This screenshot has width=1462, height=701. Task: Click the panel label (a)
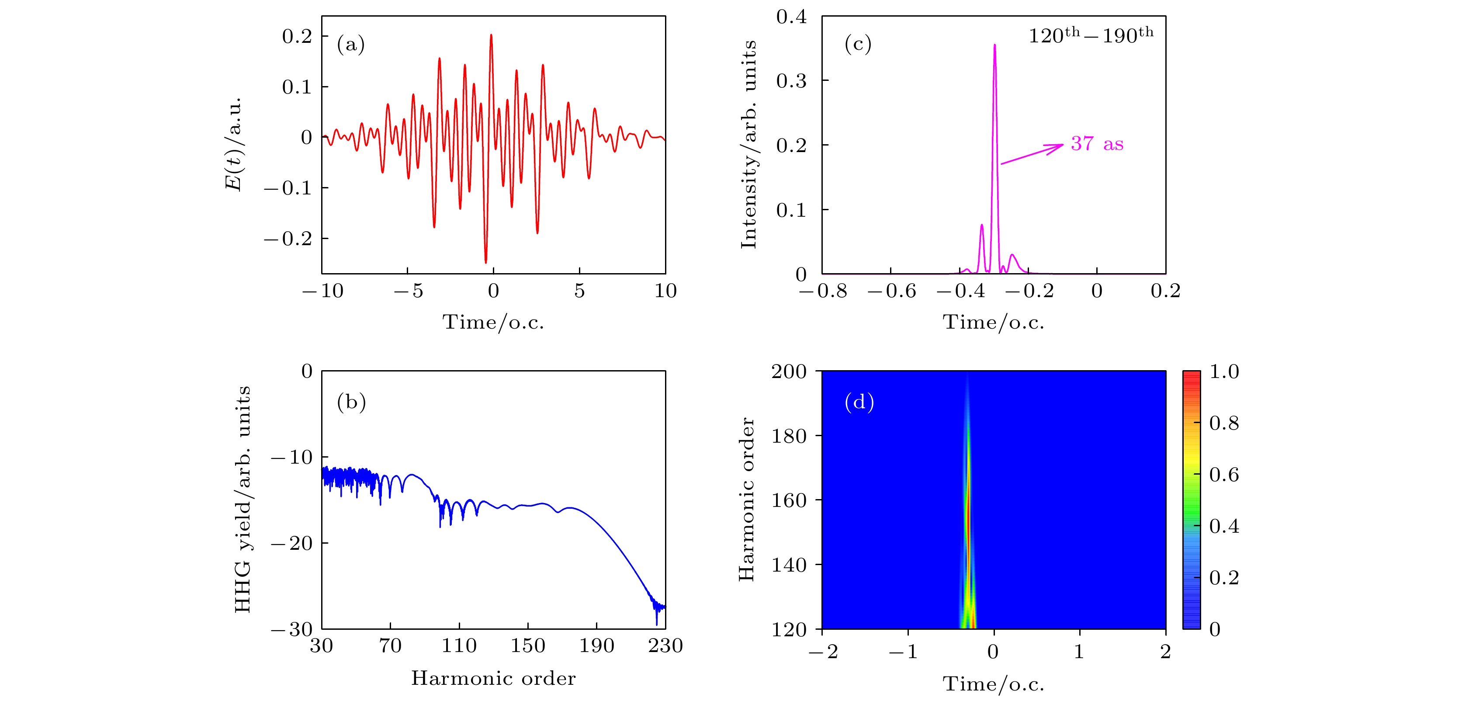point(351,44)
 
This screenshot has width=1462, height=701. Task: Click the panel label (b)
point(351,402)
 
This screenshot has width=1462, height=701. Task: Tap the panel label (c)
point(858,44)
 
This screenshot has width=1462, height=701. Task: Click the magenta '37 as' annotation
point(1097,144)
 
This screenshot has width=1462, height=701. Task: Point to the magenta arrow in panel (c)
point(1032,154)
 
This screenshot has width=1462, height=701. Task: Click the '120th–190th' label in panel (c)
point(1091,35)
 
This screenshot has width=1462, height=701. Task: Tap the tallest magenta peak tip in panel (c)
point(994,45)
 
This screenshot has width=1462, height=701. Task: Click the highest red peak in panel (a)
point(491,35)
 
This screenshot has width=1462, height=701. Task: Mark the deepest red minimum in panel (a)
point(485,262)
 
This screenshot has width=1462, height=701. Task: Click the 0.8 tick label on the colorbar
point(1223,423)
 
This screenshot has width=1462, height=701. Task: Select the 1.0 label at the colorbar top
point(1223,372)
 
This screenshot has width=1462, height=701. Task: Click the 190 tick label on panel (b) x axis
point(596,645)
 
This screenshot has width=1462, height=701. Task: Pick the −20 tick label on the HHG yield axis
point(292,543)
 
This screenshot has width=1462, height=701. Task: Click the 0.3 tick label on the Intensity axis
point(791,80)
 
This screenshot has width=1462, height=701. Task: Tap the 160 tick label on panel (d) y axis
point(789,500)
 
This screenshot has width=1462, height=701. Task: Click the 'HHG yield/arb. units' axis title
point(243,500)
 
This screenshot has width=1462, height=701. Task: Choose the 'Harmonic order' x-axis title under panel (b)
point(493,678)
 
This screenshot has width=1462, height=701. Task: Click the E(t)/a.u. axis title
point(234,144)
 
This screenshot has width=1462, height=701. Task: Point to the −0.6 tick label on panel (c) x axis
point(892,291)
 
